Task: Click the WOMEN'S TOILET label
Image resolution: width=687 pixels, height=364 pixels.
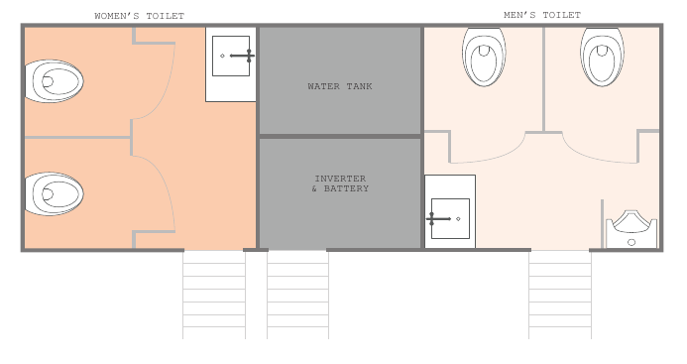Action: (140, 16)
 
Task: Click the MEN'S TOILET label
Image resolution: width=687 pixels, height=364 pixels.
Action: (542, 15)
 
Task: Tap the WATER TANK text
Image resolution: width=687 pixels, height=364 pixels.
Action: (340, 86)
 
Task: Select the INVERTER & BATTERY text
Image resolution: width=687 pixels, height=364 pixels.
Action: (340, 183)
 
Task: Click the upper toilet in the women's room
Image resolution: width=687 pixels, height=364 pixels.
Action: (54, 81)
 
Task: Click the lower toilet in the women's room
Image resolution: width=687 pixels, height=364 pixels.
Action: (54, 193)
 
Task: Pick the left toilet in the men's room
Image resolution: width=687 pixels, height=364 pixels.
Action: (484, 57)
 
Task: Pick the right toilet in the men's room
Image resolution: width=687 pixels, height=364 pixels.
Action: (602, 57)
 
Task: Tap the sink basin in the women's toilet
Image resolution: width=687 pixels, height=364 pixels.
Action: (231, 56)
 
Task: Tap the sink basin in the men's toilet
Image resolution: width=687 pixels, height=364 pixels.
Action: (450, 218)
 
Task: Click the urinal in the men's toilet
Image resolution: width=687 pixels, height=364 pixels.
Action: (631, 229)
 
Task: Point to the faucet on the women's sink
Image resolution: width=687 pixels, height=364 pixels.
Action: (242, 56)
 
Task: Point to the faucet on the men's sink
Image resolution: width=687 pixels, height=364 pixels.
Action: (438, 218)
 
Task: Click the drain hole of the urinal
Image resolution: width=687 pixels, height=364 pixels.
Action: (631, 242)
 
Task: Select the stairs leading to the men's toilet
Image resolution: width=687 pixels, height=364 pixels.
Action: (560, 295)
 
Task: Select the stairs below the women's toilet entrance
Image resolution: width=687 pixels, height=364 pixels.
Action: (214, 295)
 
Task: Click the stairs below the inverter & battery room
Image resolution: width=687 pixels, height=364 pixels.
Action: (298, 295)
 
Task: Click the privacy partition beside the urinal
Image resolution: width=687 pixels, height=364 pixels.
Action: (602, 224)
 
